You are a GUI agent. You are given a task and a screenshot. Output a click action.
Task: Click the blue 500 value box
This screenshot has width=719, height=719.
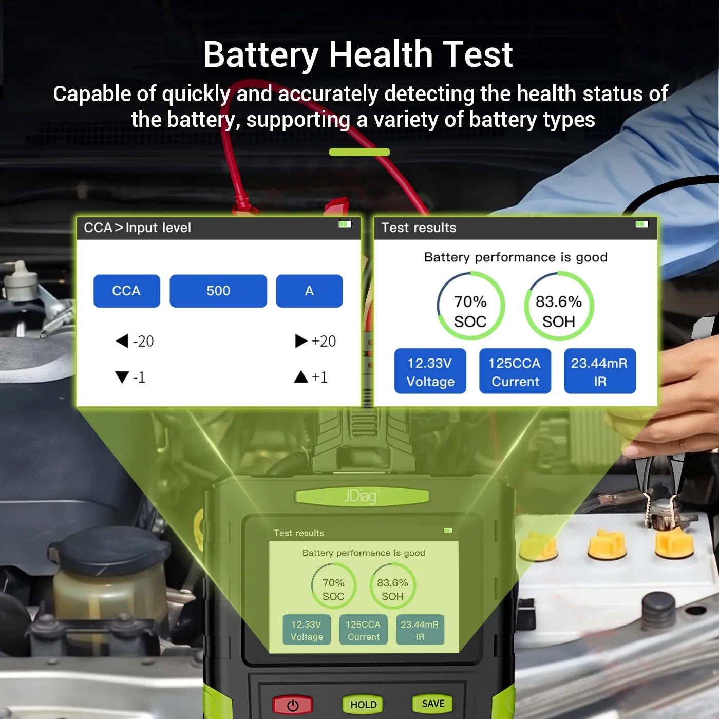218,291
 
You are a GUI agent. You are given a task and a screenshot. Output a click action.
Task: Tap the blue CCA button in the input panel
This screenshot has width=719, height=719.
126,291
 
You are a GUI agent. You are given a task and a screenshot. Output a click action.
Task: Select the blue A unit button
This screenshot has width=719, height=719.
309,291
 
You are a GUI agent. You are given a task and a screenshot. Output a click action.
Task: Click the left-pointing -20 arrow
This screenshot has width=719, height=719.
122,341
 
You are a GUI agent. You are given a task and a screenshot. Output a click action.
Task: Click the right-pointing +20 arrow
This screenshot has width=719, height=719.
301,341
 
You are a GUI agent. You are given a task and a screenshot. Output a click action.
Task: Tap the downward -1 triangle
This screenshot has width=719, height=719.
122,377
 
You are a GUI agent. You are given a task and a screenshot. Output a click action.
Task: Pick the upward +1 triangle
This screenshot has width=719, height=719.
301,377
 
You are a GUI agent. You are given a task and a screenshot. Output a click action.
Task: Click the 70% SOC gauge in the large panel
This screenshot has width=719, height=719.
470,306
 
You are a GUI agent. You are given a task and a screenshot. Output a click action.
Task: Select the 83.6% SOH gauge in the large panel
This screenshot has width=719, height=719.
559,306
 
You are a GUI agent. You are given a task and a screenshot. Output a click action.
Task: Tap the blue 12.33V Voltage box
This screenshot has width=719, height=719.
430,371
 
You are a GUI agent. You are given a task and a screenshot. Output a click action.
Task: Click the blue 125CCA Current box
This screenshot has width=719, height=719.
515,371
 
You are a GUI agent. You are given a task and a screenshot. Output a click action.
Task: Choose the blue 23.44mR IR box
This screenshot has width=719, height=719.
600,371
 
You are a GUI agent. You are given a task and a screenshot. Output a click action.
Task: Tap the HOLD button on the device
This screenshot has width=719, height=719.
364,705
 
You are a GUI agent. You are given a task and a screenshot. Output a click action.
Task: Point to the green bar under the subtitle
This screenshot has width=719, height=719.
359,152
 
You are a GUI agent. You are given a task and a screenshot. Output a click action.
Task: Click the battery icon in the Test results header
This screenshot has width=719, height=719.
641,224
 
